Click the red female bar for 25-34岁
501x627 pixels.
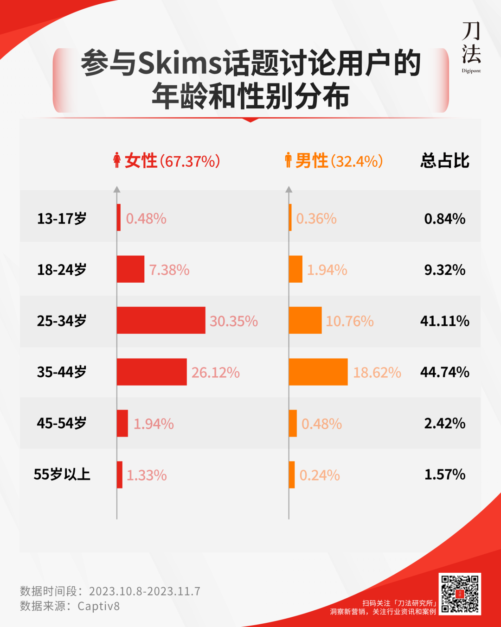click(161, 320)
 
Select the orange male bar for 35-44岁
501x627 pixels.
click(318, 372)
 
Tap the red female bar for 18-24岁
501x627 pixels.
click(130, 269)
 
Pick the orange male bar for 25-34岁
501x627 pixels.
click(305, 320)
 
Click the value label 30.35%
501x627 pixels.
click(234, 321)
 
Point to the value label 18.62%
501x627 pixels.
click(377, 373)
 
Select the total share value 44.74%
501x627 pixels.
click(444, 372)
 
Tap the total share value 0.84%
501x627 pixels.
click(444, 219)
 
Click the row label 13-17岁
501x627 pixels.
click(62, 219)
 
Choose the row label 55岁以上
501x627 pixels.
click(62, 475)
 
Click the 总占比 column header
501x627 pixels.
click(444, 161)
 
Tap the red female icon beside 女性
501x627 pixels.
click(117, 160)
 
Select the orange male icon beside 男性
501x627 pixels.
click(288, 160)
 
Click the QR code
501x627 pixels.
click(460, 594)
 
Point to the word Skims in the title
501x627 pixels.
click(180, 63)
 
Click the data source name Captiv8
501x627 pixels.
click(98, 606)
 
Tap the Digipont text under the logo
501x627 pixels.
click(471, 71)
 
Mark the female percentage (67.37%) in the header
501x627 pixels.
click(190, 161)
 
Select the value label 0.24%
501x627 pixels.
click(320, 475)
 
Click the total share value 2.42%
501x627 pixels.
click(444, 423)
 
